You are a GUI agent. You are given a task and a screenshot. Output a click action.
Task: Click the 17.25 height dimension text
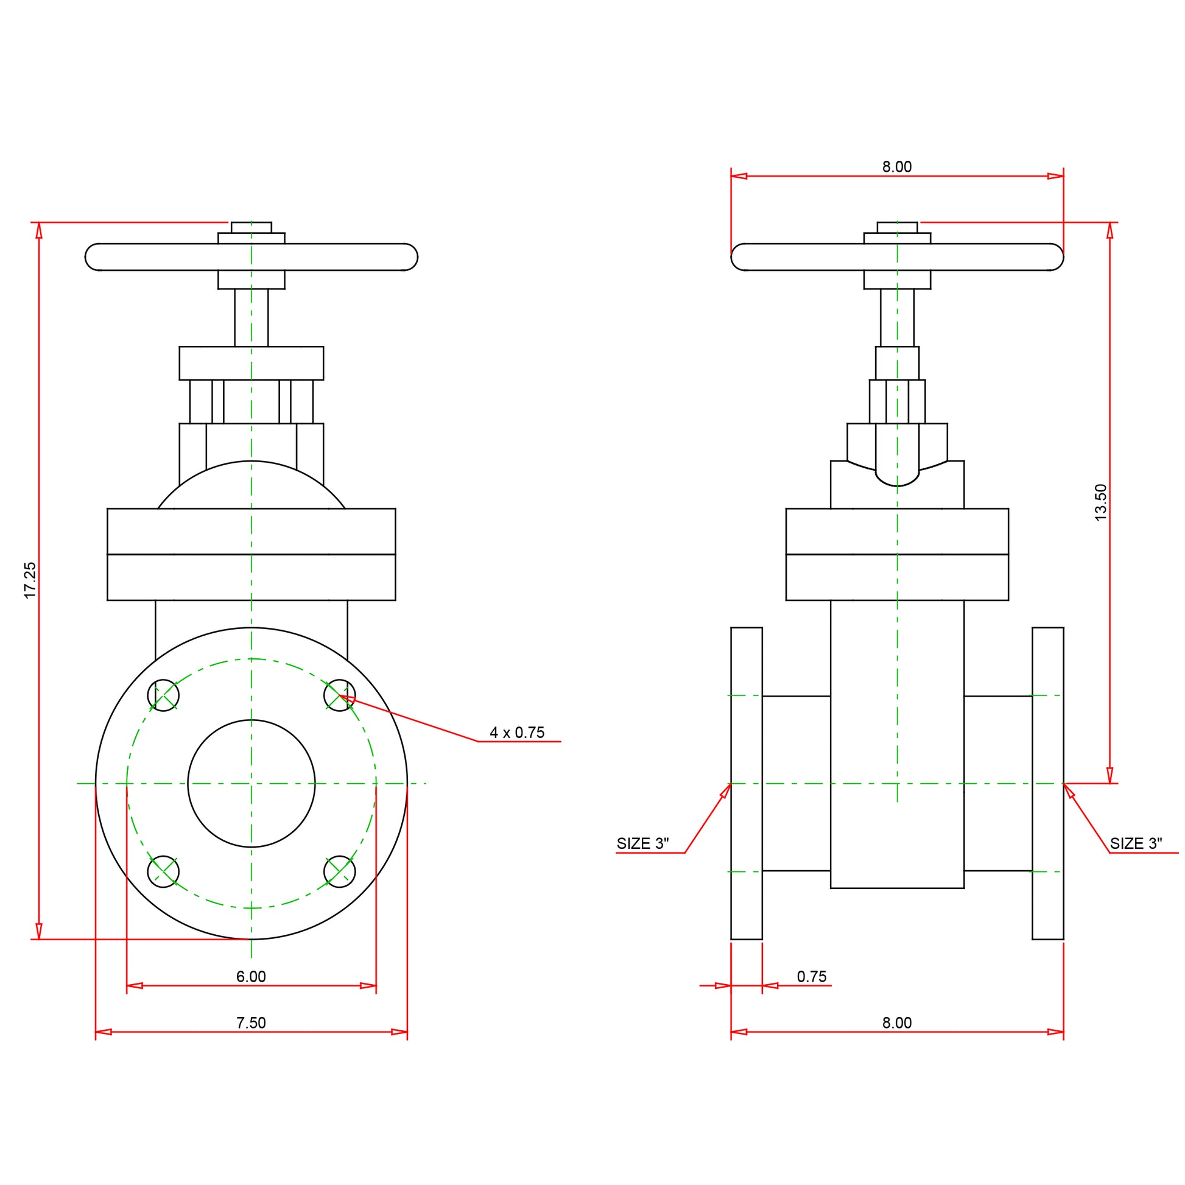pos(29,580)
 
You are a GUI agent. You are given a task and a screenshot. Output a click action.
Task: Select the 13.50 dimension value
pos(1101,502)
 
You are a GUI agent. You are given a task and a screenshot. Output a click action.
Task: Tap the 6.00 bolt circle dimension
pos(251,977)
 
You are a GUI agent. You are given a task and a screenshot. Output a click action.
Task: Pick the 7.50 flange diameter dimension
pos(251,1022)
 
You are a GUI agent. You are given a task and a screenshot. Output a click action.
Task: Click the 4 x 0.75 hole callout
pos(517,733)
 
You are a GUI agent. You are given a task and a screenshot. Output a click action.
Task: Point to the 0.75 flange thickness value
pos(812,977)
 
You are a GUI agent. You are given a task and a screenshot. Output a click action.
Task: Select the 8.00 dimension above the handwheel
pos(897,167)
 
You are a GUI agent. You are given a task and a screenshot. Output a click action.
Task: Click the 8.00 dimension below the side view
pos(897,1022)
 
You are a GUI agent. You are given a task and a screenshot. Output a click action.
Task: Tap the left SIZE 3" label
pos(642,843)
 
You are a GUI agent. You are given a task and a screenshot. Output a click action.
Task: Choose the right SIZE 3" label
pos(1136,843)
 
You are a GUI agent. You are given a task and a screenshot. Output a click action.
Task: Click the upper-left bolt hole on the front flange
pos(163,695)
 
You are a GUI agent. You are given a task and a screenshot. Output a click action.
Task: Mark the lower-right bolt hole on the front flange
pos(339,871)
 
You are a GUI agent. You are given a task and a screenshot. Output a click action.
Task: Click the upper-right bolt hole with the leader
pos(339,695)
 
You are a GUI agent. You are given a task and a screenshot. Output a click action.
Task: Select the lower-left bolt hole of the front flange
pos(163,871)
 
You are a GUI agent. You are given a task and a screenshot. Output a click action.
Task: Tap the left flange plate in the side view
pos(747,783)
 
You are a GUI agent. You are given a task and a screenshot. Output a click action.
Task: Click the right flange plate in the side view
pos(1047,783)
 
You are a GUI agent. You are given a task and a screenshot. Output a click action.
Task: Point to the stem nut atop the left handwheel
pos(251,228)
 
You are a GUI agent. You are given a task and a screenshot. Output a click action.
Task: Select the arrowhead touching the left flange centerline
pos(726,790)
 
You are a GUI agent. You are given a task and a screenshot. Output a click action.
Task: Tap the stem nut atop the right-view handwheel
pos(897,228)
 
